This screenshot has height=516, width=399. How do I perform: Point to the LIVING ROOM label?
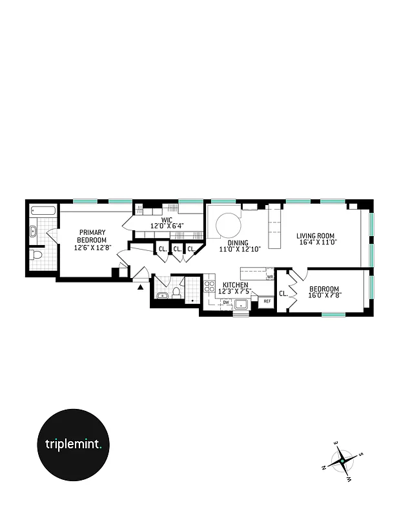coord(316,236)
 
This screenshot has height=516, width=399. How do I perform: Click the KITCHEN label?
coord(236,284)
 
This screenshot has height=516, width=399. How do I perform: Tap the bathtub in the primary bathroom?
coord(42,210)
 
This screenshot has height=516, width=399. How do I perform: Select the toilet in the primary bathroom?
coord(36,255)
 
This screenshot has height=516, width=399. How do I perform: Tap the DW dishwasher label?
coord(226,301)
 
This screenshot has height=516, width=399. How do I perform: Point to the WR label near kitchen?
coord(269,276)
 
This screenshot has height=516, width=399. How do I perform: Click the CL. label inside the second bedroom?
coord(283,294)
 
